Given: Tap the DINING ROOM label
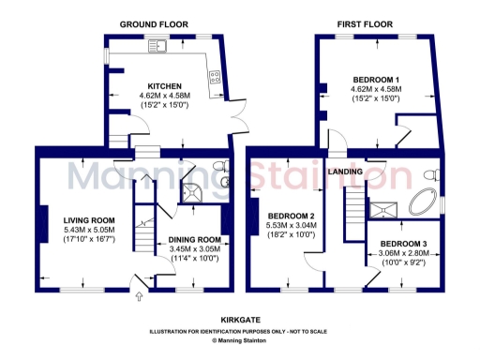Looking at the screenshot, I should [194, 239].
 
